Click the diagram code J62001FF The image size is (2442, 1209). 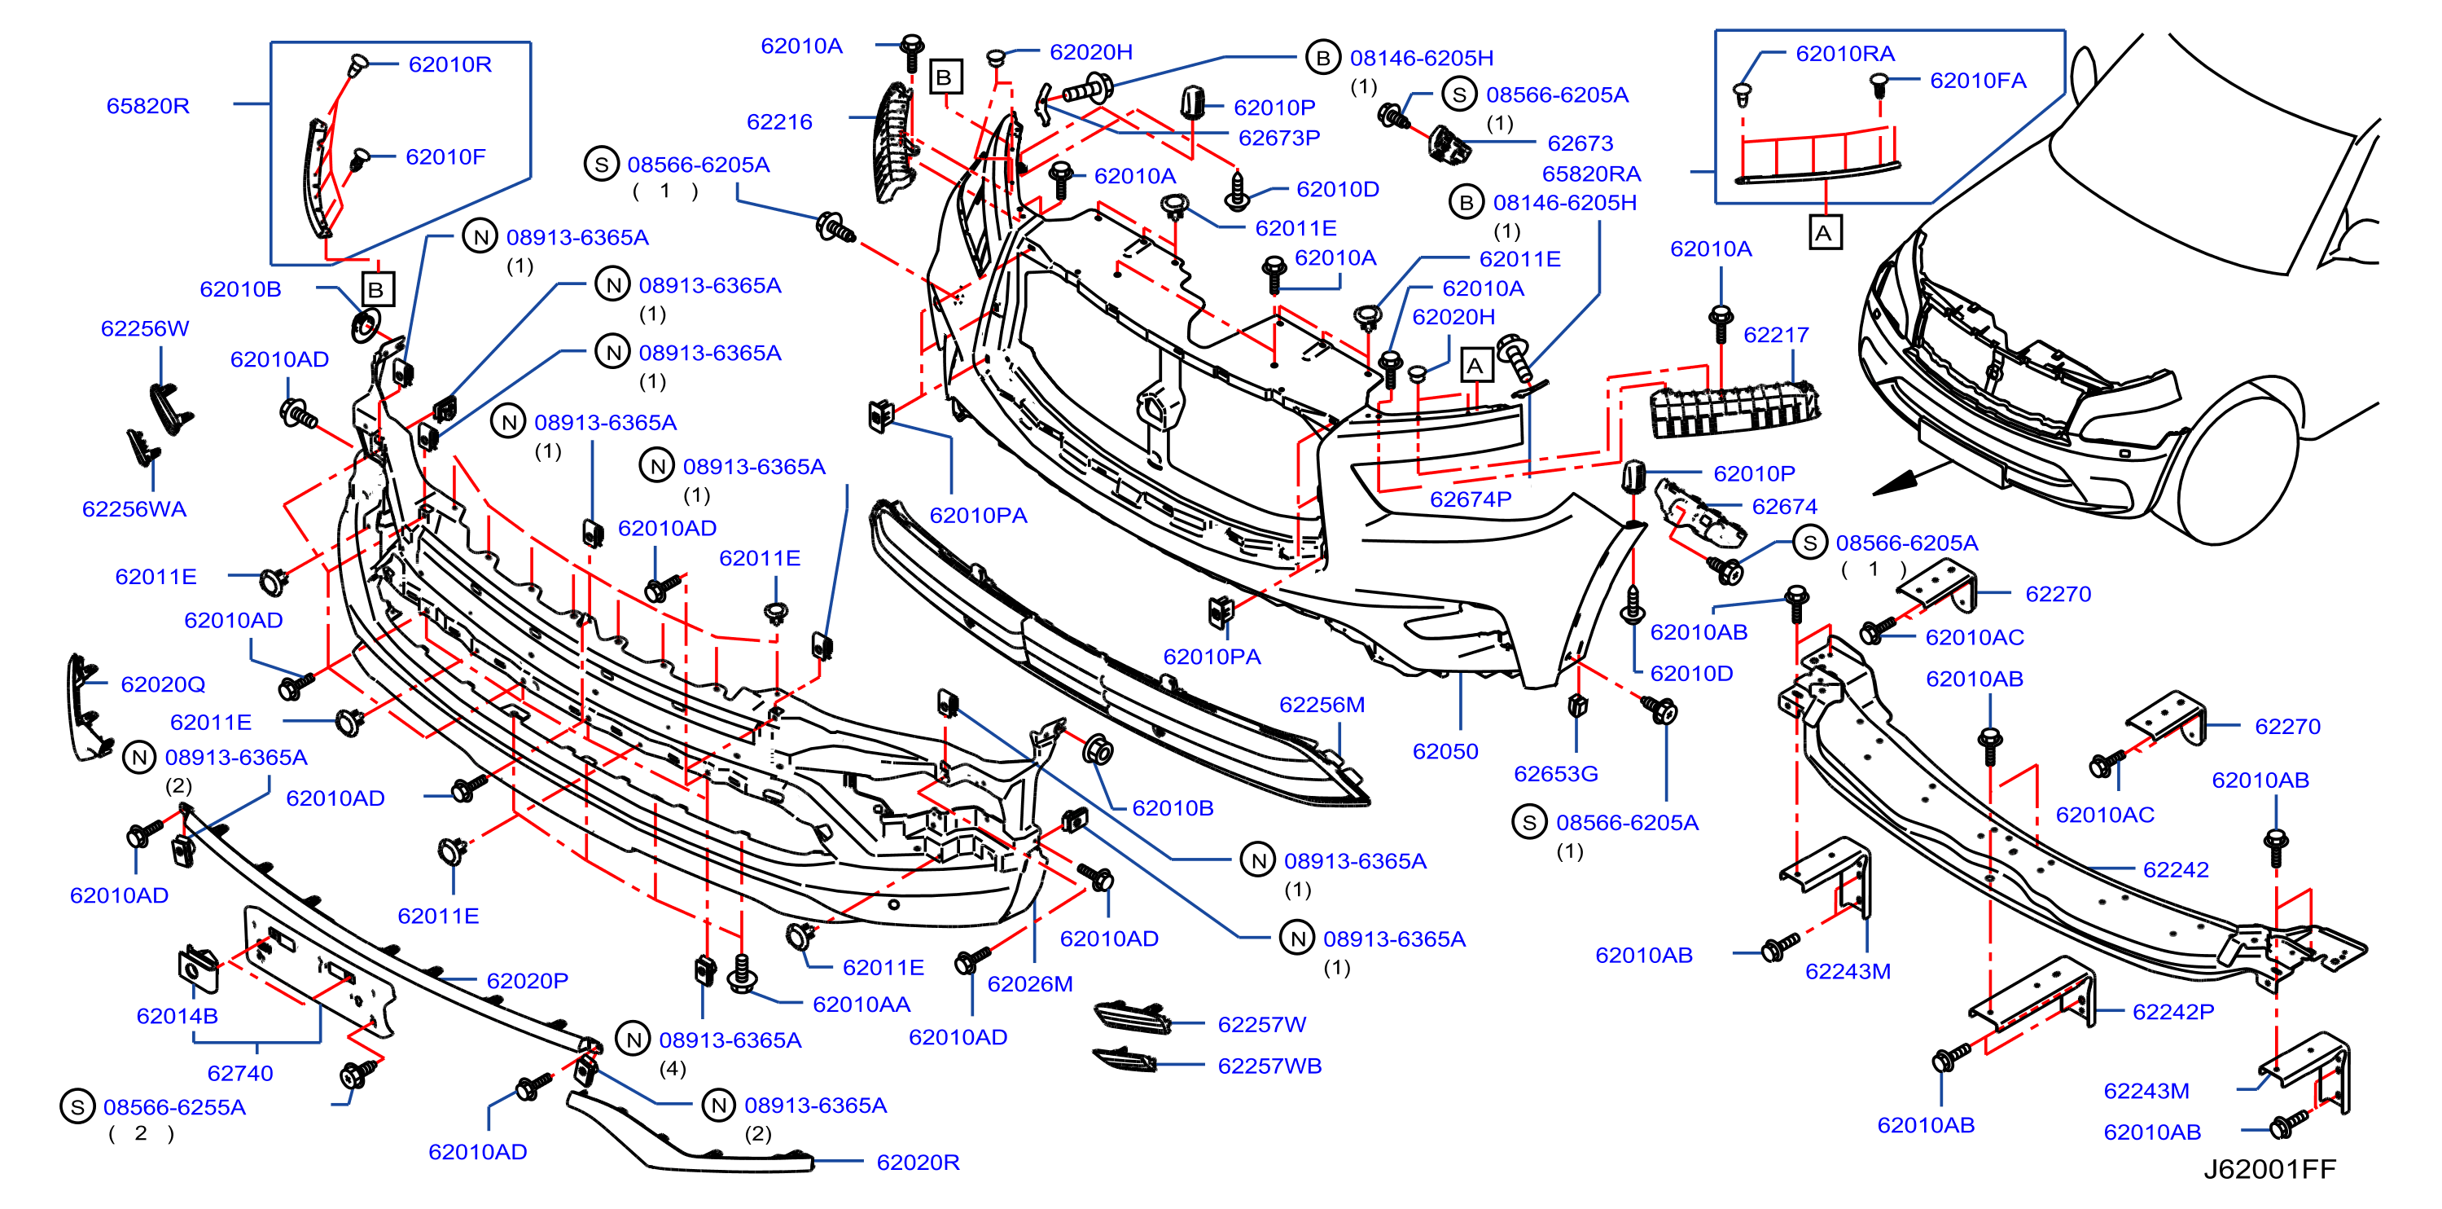[2269, 1168]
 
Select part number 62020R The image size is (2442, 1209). [918, 1162]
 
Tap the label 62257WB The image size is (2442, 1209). [1269, 1065]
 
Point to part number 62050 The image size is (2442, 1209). [1445, 751]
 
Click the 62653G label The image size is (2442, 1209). [1555, 774]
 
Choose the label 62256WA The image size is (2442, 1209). [134, 509]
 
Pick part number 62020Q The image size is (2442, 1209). [163, 684]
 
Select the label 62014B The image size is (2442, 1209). [178, 1016]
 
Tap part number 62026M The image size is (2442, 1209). [1029, 983]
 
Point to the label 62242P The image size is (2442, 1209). [2172, 1012]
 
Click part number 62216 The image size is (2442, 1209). [779, 121]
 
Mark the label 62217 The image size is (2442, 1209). [1776, 335]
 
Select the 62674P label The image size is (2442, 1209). [1471, 499]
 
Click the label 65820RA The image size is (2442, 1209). [1591, 174]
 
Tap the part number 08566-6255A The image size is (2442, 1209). [174, 1106]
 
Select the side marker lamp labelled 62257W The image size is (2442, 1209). [1133, 1016]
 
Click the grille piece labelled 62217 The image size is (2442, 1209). [1734, 409]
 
